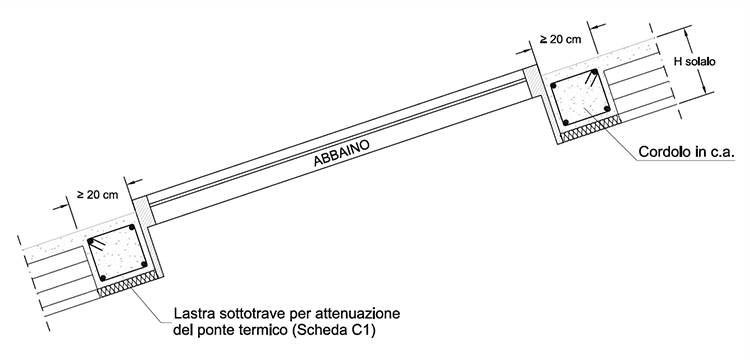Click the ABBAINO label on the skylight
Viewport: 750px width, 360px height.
[342, 153]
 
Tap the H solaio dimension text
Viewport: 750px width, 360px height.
[695, 62]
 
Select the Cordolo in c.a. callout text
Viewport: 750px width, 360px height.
[686, 152]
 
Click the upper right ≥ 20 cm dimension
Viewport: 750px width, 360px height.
[561, 39]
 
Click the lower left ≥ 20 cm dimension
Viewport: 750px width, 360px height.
[98, 195]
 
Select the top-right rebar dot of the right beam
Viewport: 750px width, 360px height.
[594, 72]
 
